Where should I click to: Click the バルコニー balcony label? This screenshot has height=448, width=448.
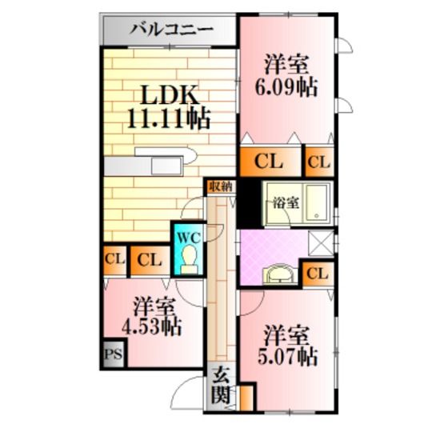[x=172, y=30]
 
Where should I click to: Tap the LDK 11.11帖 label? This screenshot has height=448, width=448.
[x=169, y=107]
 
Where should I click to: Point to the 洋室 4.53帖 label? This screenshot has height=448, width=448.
[x=152, y=317]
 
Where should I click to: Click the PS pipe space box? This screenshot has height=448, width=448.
[x=114, y=354]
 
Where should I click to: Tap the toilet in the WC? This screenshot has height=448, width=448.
[x=189, y=261]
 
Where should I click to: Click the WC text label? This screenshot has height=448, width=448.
[x=189, y=238]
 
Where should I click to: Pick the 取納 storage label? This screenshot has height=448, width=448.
[x=222, y=187]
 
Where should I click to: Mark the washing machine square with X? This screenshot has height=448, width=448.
[x=321, y=243]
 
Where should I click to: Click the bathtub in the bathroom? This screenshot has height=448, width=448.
[x=318, y=203]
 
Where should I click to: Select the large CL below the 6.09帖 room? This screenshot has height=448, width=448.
[x=269, y=162]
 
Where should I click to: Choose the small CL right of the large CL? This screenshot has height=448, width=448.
[x=319, y=162]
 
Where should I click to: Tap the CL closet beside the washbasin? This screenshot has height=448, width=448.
[x=318, y=274]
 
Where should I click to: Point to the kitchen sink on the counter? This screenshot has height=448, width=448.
[x=166, y=166]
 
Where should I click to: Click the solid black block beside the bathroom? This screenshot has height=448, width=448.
[x=249, y=202]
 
